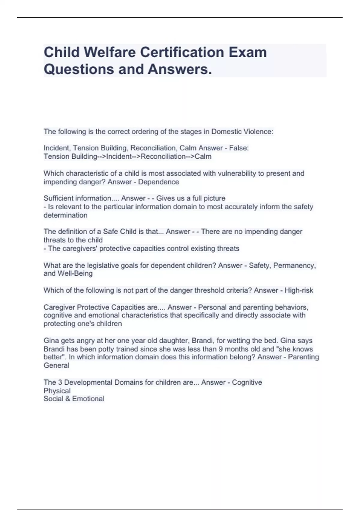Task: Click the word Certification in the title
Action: (x=182, y=52)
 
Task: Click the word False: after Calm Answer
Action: (x=239, y=148)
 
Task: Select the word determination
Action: (x=65, y=215)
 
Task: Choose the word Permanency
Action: (x=294, y=265)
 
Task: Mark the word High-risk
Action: (x=299, y=290)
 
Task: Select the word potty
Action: (x=107, y=349)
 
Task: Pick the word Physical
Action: (x=57, y=391)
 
